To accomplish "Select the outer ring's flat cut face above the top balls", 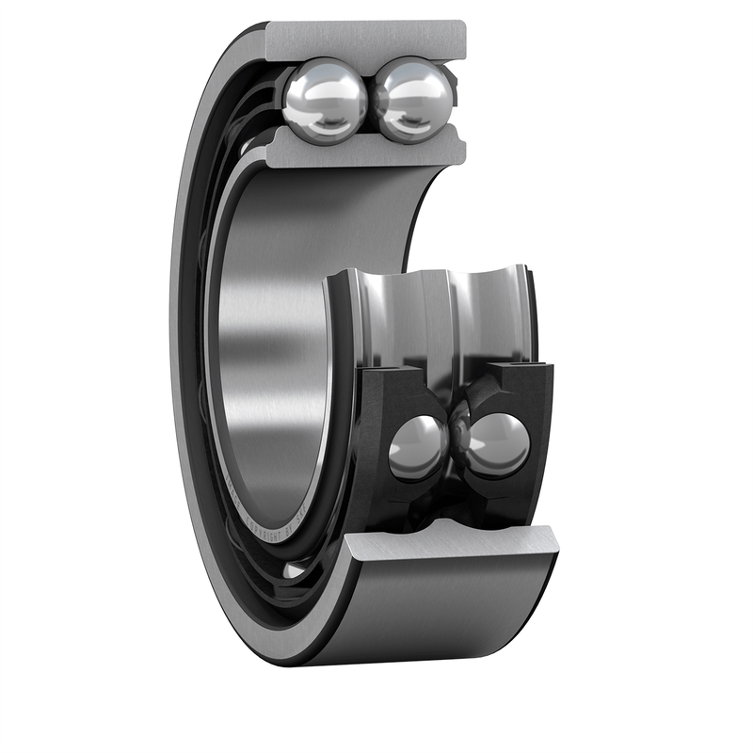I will [x=367, y=40].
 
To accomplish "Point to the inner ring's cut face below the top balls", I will [x=367, y=150].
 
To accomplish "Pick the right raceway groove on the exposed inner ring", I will [x=485, y=311].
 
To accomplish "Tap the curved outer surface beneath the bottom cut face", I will [x=442, y=612].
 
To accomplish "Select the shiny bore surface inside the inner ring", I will [x=268, y=329].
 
